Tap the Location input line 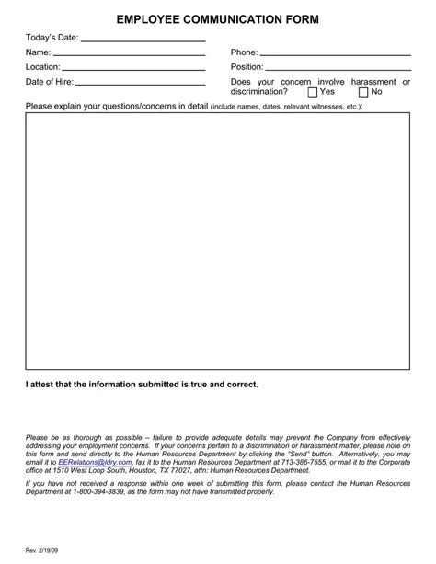(133, 67)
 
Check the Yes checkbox (313, 92)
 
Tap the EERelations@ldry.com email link (95, 462)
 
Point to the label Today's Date (52, 39)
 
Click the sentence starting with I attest (142, 383)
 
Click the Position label (247, 67)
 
